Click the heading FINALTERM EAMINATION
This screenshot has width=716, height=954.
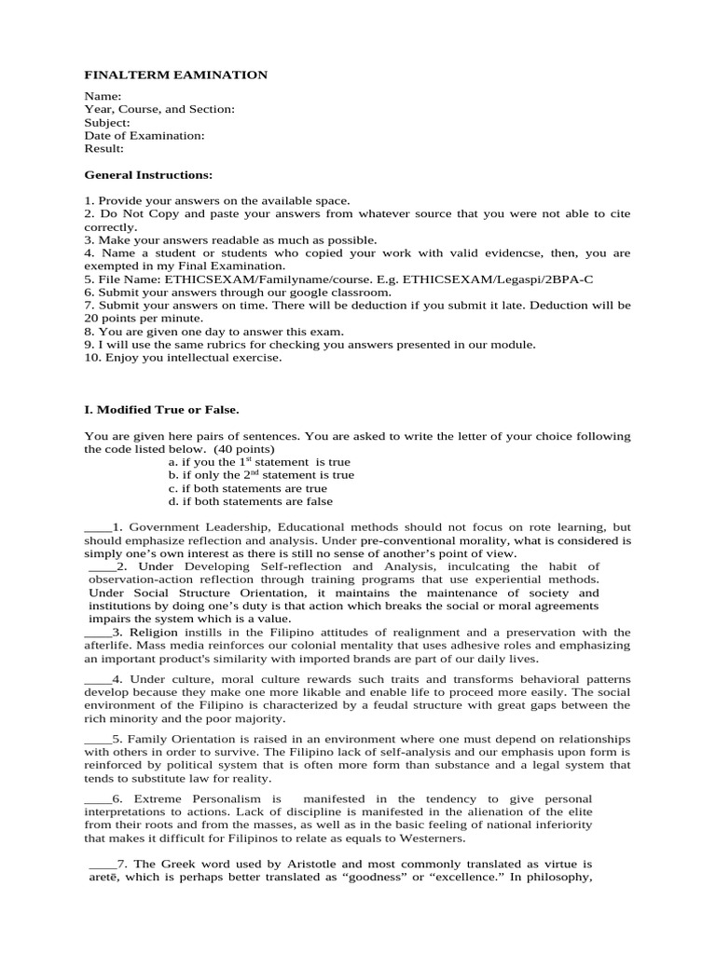[176, 75]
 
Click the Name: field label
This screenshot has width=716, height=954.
[103, 96]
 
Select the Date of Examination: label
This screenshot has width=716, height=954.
[145, 135]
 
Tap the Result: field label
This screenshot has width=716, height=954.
[104, 148]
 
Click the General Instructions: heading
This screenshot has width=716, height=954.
[148, 174]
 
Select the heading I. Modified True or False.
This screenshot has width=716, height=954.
[161, 409]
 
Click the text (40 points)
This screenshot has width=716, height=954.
[225, 448]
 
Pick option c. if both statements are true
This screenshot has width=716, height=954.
[247, 487]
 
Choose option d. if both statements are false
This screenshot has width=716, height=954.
[250, 500]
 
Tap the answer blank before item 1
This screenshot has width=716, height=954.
[97, 527]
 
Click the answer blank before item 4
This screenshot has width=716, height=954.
[97, 679]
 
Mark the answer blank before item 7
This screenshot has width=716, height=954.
[102, 864]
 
